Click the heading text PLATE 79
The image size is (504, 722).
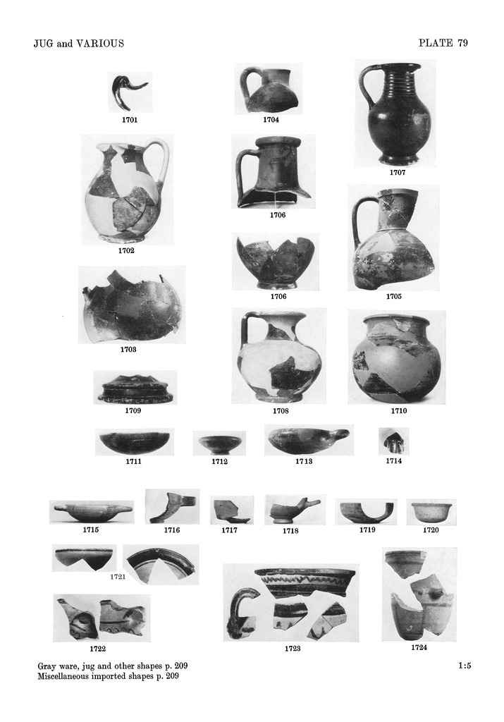click(x=443, y=43)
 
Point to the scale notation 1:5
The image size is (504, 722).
click(x=465, y=665)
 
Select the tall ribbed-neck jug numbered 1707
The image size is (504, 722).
click(x=395, y=114)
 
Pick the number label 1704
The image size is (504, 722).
click(x=271, y=120)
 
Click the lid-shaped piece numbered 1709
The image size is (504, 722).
click(x=136, y=389)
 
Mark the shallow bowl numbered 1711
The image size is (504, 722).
click(x=134, y=443)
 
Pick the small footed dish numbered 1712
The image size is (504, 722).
click(x=219, y=443)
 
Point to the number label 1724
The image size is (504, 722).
click(x=419, y=647)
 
